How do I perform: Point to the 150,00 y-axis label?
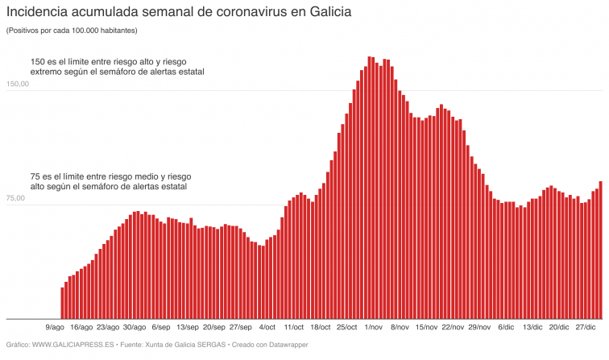(18, 85)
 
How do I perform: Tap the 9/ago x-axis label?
(55, 328)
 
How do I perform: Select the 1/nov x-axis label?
(373, 328)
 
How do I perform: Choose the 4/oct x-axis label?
(267, 328)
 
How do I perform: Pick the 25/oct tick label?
(346, 328)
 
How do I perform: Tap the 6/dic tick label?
(506, 328)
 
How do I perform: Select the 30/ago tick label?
(135, 328)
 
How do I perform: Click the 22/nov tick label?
(453, 328)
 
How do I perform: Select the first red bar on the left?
(62, 303)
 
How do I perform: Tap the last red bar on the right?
(600, 250)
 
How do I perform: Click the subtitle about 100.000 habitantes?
(72, 31)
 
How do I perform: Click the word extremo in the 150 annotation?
(48, 72)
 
